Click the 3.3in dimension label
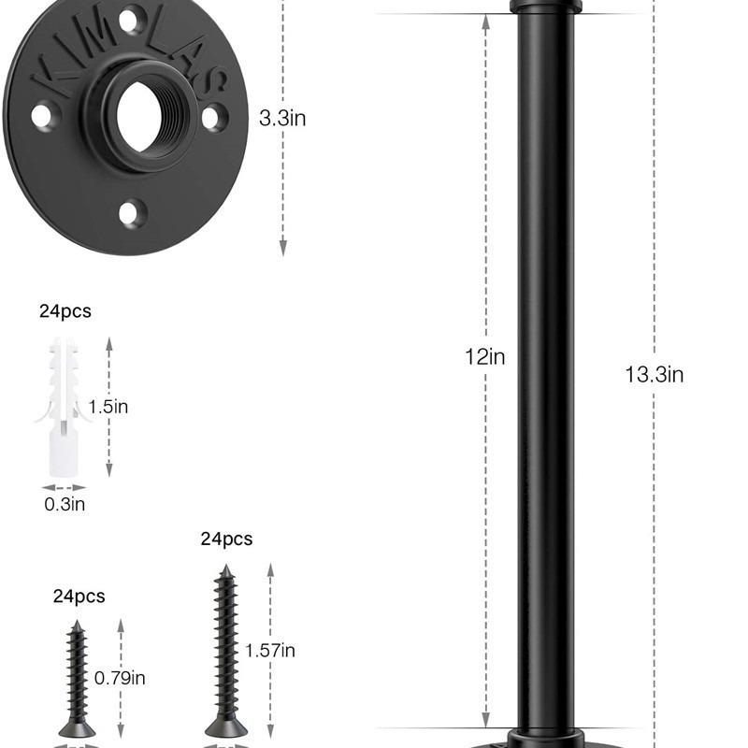click(282, 118)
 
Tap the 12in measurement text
click(484, 357)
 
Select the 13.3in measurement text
click(654, 375)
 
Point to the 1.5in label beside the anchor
click(108, 407)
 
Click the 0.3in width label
click(65, 504)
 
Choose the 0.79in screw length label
click(120, 678)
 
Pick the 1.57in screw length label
click(270, 650)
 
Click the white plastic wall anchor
click(62, 407)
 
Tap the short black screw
click(77, 679)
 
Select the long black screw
click(225, 651)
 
